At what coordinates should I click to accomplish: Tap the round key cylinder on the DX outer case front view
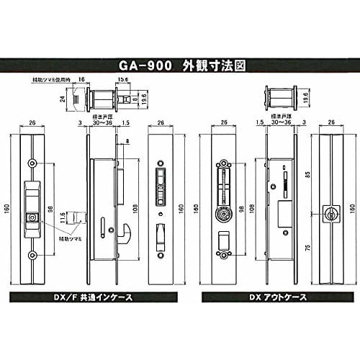224,215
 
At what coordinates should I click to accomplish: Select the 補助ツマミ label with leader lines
70,238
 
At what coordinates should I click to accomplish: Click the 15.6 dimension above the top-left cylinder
122,80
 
